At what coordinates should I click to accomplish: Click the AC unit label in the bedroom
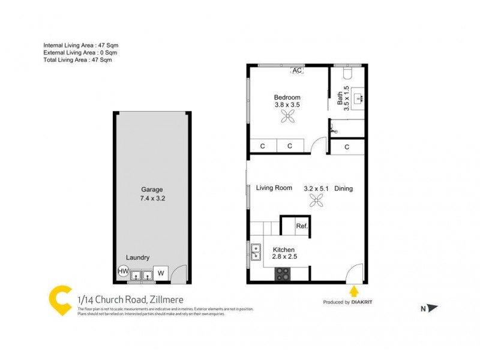pos(296,70)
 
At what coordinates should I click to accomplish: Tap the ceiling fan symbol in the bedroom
pos(287,117)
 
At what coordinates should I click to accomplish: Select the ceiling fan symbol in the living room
pos(316,202)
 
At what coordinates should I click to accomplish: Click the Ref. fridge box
pos(302,226)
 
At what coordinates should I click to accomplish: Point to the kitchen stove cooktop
pos(283,274)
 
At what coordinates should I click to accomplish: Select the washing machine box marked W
pos(160,274)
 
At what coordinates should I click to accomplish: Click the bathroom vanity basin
pos(358,98)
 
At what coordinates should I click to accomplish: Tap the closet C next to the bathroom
pos(347,146)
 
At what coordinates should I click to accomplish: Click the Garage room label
pos(152,188)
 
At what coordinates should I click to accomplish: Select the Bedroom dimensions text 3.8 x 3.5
pos(287,104)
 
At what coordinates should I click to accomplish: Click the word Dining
pos(343,188)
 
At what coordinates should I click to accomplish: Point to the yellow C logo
pos(58,300)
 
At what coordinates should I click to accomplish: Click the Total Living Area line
pos(77,60)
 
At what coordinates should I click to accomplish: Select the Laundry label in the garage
pos(137,257)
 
